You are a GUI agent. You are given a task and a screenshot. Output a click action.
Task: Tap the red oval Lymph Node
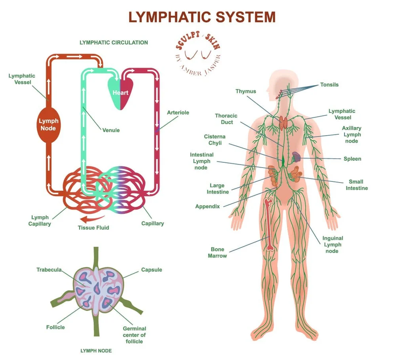click(48, 124)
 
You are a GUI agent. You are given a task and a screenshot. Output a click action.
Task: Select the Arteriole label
click(178, 112)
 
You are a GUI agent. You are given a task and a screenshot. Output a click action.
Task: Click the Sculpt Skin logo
click(197, 53)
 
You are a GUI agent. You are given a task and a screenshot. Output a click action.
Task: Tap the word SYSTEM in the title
click(240, 17)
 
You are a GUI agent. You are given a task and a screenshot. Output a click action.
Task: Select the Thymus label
click(246, 91)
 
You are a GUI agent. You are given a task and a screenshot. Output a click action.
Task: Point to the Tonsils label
click(329, 84)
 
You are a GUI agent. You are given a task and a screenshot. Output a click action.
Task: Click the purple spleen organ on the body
click(297, 156)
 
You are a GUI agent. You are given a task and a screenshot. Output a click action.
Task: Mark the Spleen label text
click(352, 159)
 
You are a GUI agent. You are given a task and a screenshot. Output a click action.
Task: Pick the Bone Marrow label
click(217, 253)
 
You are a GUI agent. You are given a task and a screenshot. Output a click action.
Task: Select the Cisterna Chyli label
click(215, 140)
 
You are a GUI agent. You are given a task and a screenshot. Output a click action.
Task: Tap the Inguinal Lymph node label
click(333, 244)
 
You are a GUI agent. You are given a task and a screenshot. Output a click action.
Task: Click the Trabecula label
click(49, 270)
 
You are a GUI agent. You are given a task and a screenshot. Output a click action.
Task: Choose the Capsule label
click(152, 270)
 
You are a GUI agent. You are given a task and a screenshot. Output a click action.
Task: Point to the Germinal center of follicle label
click(134, 335)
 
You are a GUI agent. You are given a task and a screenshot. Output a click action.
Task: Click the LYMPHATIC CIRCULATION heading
click(114, 42)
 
